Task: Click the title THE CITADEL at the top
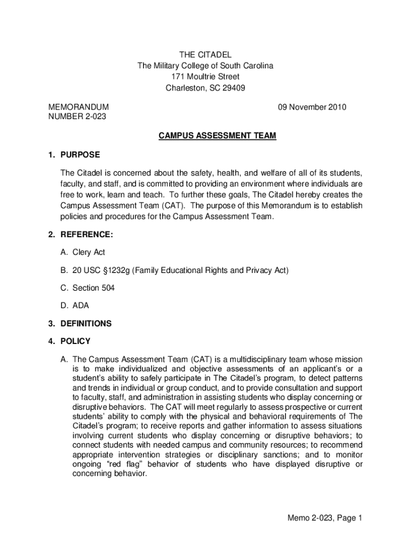pos(205,54)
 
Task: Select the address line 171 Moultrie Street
pos(205,77)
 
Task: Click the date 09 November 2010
pos(312,107)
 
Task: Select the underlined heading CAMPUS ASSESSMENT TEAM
pos(217,136)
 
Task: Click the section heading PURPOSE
pos(80,155)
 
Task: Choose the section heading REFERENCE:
pos(86,235)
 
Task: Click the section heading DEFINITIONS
pos(86,324)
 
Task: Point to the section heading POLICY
pos(75,341)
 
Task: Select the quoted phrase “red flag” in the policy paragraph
pos(120,464)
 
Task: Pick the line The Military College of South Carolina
pos(205,66)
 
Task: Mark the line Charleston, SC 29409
pos(205,88)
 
